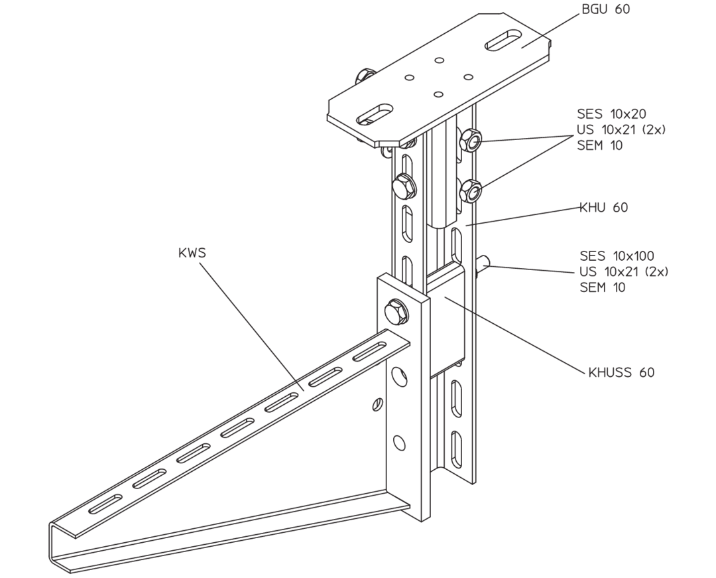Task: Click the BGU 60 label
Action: [605, 9]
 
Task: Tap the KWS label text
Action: [192, 253]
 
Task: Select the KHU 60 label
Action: [604, 208]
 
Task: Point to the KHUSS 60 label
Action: [621, 372]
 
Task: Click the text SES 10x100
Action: [617, 255]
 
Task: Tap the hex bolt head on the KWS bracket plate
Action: [396, 312]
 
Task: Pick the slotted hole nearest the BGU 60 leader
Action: [504, 40]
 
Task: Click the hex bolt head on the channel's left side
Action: [404, 186]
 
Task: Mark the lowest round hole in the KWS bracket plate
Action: [399, 443]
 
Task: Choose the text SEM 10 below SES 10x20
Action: [599, 145]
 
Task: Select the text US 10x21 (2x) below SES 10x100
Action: [624, 271]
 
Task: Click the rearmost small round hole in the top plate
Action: [440, 60]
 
